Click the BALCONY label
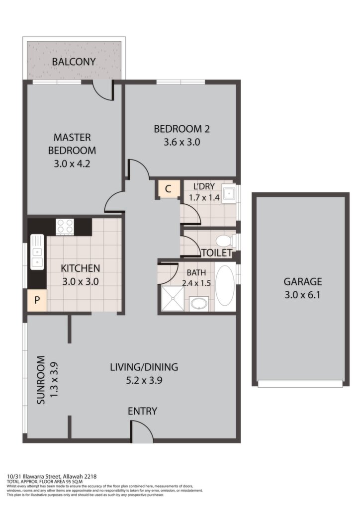pos(74,61)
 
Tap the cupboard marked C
pos(168,188)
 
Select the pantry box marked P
pos(37,300)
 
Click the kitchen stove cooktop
pos(65,227)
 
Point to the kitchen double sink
pos(37,252)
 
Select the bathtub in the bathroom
pos(225,286)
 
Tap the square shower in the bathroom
pos(173,298)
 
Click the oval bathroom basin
pos(199,304)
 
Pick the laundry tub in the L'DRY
pos(230,193)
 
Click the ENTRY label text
pos(142,411)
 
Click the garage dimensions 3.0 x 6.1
pos(302,295)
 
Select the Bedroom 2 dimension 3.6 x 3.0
pos(181,142)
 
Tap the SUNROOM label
pos(41,380)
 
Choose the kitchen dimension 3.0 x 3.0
pos(81,281)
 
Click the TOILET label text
pos(217,253)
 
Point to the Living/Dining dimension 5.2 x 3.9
pos(144,380)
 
